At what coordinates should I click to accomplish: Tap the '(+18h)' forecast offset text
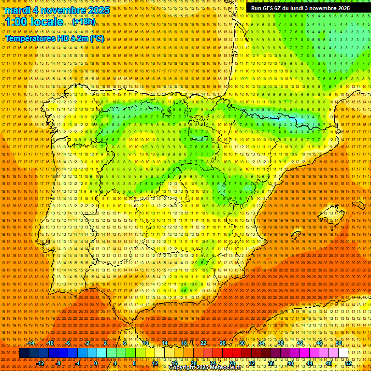[x=84, y=22]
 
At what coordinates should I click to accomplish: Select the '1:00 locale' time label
[x=34, y=22]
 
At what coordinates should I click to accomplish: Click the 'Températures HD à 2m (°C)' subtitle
[x=55, y=38]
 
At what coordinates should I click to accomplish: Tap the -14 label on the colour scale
[x=31, y=343]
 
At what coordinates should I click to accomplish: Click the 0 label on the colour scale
[x=96, y=363]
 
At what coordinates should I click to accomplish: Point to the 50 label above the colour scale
[x=339, y=343]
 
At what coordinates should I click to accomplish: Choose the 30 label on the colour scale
[x=242, y=343]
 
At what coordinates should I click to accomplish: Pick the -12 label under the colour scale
[x=41, y=363]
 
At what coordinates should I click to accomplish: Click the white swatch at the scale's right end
[x=343, y=353]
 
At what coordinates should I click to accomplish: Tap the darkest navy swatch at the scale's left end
[x=24, y=353]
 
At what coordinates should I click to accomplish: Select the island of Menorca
[x=358, y=204]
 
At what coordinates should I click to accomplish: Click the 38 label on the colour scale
[x=281, y=343]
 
